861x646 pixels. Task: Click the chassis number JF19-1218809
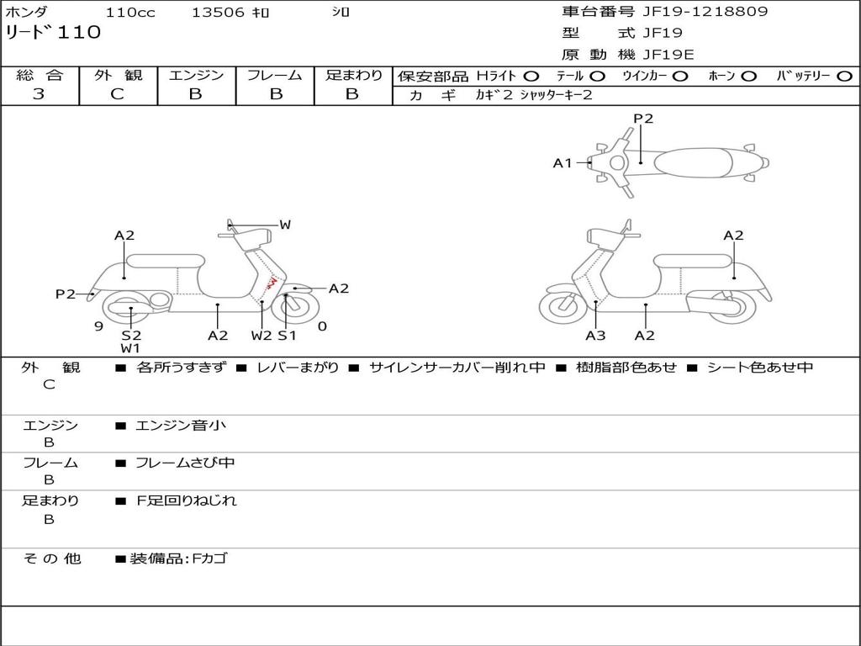point(694,12)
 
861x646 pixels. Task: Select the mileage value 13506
point(218,13)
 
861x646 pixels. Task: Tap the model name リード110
point(53,33)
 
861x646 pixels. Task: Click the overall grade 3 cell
point(39,94)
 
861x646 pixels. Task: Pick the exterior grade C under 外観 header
point(117,94)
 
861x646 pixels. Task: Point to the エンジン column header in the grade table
point(196,75)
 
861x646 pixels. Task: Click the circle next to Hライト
point(531,76)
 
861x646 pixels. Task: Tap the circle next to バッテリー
point(845,76)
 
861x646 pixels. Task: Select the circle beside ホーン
point(748,76)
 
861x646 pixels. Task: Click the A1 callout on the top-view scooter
point(563,163)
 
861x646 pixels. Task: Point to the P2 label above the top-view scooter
point(643,119)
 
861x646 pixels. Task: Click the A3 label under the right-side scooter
point(595,336)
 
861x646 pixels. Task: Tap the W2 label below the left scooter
point(261,336)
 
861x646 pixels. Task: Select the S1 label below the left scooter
point(288,336)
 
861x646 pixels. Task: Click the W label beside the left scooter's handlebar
point(285,225)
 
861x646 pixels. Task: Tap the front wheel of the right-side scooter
point(563,306)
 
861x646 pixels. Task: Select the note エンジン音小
point(181,426)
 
